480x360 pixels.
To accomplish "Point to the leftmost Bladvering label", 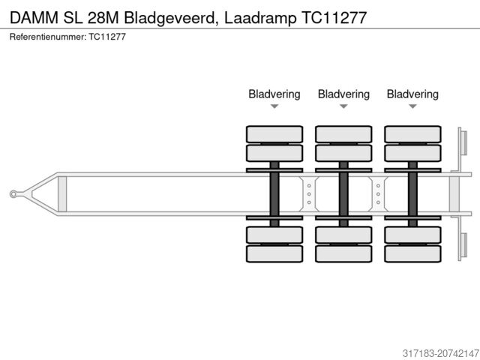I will [x=274, y=94].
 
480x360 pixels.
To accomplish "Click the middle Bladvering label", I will [x=343, y=94].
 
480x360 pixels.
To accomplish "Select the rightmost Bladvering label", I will [x=412, y=94].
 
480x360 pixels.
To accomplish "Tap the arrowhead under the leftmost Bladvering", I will [x=274, y=106].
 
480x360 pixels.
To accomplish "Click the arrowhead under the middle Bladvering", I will [x=343, y=106].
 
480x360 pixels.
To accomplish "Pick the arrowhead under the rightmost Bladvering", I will [x=412, y=106].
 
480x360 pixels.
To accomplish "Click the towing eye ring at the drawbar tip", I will [x=14, y=194].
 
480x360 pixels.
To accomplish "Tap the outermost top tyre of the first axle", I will [x=274, y=134].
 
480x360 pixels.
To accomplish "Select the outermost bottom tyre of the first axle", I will [x=274, y=253].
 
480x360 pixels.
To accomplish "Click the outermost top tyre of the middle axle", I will [x=343, y=134].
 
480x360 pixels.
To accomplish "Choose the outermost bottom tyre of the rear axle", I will [x=412, y=253].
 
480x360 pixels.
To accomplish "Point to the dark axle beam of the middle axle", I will [x=343, y=194].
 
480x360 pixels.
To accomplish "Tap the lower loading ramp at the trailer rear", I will [x=463, y=245].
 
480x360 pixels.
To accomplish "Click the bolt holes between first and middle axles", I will [x=309, y=194].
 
